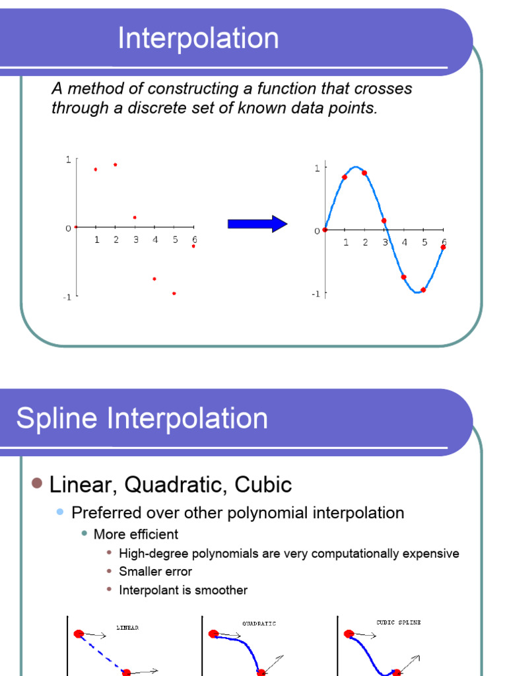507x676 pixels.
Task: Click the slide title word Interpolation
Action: click(198, 38)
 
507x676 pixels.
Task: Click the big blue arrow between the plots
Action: click(257, 224)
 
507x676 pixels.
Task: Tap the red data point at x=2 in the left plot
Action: click(116, 164)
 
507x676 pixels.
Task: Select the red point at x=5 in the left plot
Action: click(174, 293)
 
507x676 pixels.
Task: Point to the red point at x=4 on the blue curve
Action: click(403, 277)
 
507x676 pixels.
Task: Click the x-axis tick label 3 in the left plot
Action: click(135, 240)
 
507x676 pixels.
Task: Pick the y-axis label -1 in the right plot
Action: click(316, 294)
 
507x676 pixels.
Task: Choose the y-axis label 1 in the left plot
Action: click(68, 159)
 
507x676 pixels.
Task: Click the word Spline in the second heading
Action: click(56, 419)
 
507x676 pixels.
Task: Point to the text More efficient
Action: click(136, 534)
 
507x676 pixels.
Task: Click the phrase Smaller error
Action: click(155, 572)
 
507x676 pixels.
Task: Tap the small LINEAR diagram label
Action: click(127, 628)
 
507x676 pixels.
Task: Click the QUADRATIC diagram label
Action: click(259, 623)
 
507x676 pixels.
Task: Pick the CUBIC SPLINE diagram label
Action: click(398, 622)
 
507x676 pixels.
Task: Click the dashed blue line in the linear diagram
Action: click(103, 652)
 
